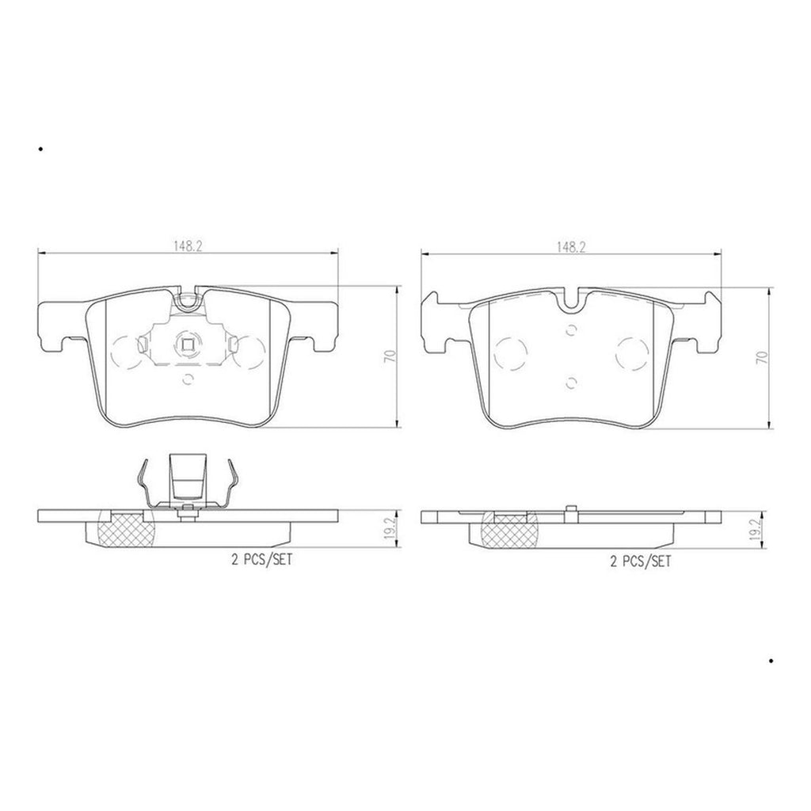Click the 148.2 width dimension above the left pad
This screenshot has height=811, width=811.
[188, 246]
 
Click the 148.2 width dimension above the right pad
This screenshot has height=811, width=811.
[571, 247]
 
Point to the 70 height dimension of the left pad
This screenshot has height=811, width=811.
[390, 356]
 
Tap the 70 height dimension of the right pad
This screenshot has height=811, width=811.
[762, 357]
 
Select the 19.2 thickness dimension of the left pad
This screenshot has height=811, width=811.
[390, 528]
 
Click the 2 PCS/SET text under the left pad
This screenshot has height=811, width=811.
[261, 560]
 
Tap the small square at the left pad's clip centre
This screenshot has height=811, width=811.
[188, 344]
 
